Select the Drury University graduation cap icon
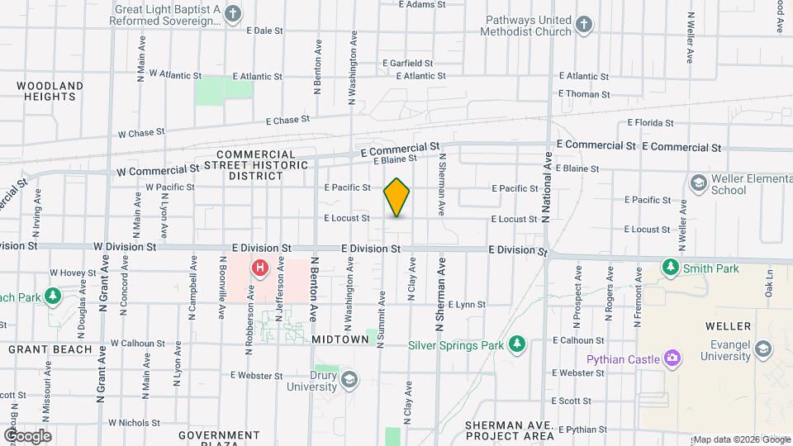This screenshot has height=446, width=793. [349, 379]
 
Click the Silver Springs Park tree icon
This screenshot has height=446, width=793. [517, 343]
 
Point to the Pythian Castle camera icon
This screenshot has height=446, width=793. [673, 358]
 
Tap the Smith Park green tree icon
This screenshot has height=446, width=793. [671, 268]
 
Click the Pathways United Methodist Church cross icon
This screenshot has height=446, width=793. [584, 24]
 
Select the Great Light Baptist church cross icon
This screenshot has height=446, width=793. [233, 13]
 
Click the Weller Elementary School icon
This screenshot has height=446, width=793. [698, 182]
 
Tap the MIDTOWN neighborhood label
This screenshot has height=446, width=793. [340, 339]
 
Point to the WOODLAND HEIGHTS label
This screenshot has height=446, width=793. [50, 91]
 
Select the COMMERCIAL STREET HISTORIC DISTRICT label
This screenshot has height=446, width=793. [262, 164]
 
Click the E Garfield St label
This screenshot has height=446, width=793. [408, 63]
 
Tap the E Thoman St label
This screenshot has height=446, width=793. [584, 95]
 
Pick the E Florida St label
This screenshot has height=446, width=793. [650, 122]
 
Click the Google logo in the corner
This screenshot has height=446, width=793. [27, 435]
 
